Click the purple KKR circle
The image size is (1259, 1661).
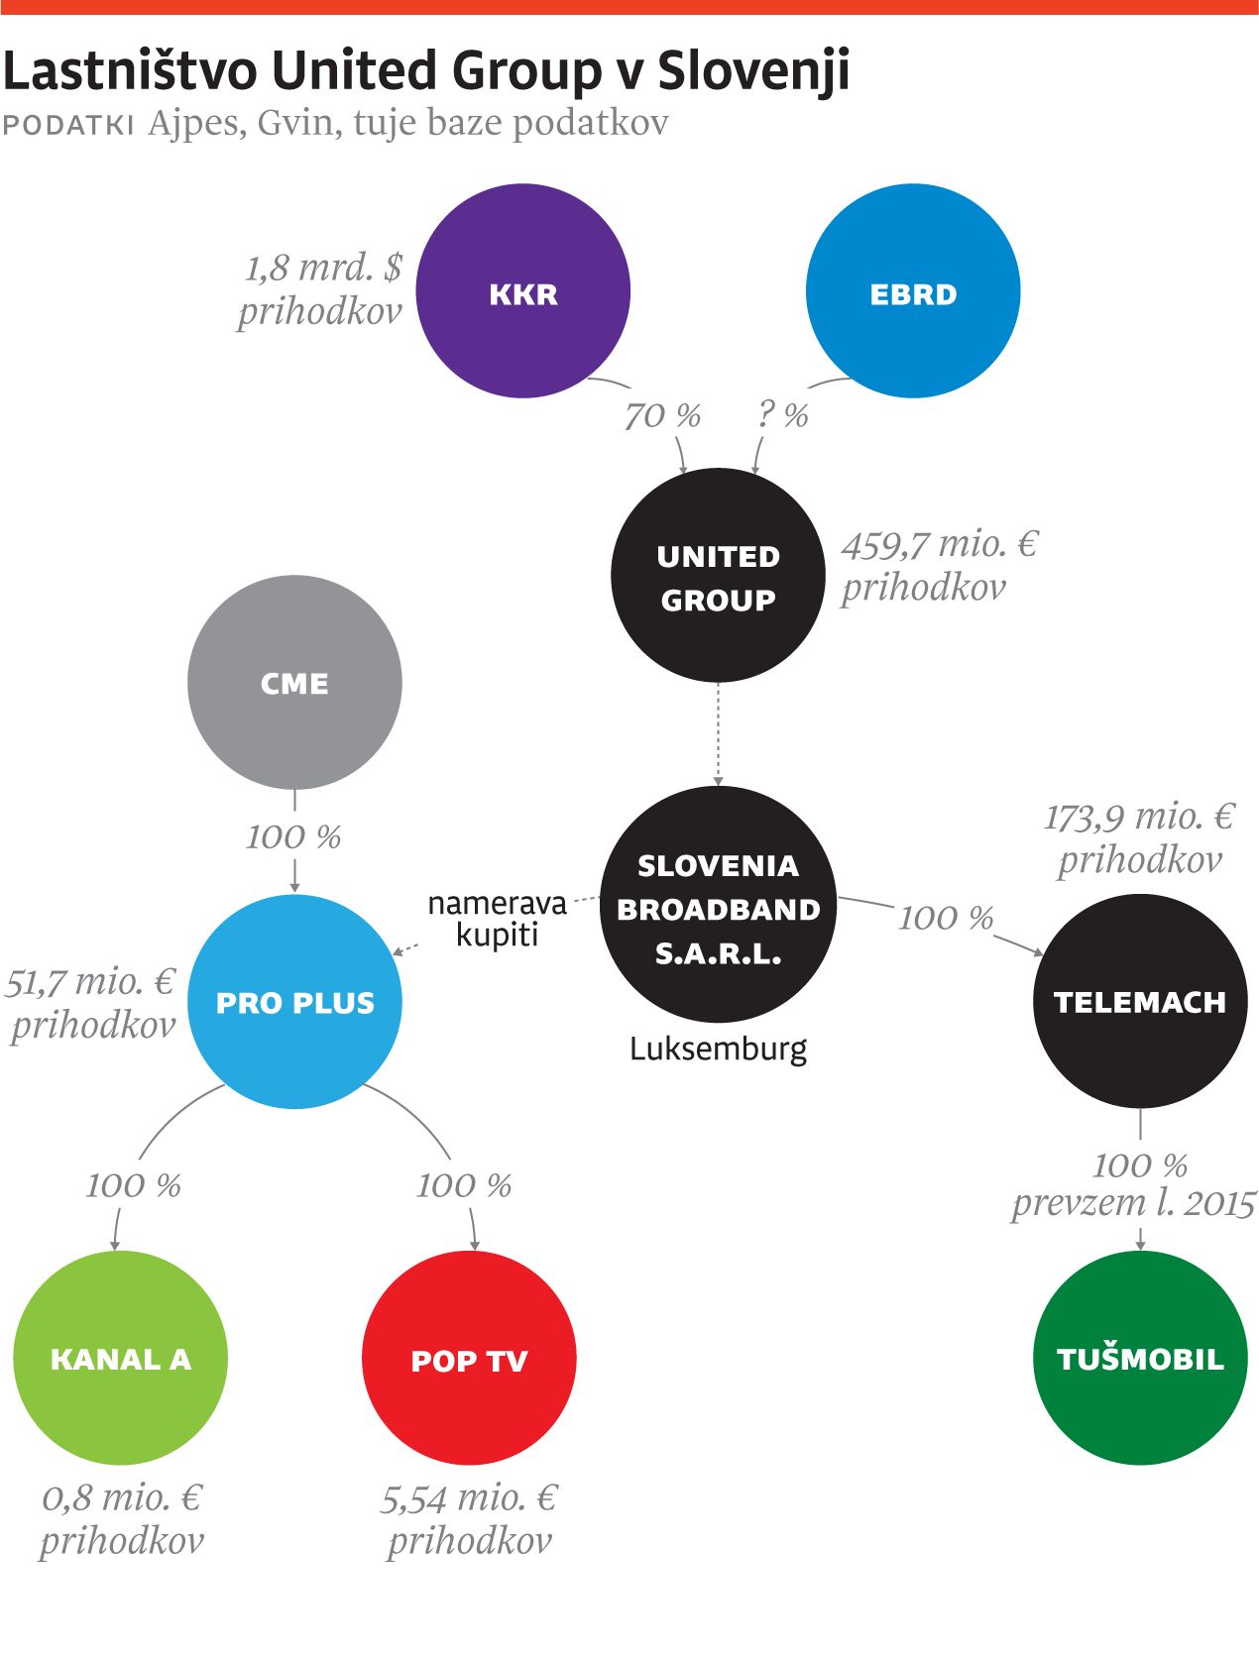click(x=522, y=291)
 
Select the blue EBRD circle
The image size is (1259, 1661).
click(x=912, y=291)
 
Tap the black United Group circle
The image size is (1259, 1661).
click(x=718, y=576)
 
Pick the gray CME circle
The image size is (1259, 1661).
click(x=294, y=683)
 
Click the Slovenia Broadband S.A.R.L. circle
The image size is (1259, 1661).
click(x=718, y=905)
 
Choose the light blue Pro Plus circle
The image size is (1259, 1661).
click(x=294, y=1002)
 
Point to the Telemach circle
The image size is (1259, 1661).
click(x=1140, y=1001)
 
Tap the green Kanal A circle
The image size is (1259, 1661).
click(x=120, y=1358)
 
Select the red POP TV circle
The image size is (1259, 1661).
click(x=469, y=1358)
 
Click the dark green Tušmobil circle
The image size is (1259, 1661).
click(x=1140, y=1358)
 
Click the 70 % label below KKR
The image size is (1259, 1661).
click(x=662, y=416)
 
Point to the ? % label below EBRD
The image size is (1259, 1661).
click(x=782, y=414)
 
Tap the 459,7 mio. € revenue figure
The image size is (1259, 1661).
click(x=940, y=545)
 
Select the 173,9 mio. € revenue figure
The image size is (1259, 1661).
click(x=1140, y=818)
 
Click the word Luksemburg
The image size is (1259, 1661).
click(x=718, y=1049)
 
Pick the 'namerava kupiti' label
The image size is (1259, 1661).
click(x=497, y=919)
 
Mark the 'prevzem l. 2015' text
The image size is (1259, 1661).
click(x=1133, y=1204)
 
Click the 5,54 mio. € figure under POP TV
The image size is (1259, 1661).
click(x=469, y=1498)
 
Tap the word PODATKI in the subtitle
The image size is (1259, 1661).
click(x=68, y=125)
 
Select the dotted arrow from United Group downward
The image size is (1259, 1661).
click(x=719, y=733)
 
